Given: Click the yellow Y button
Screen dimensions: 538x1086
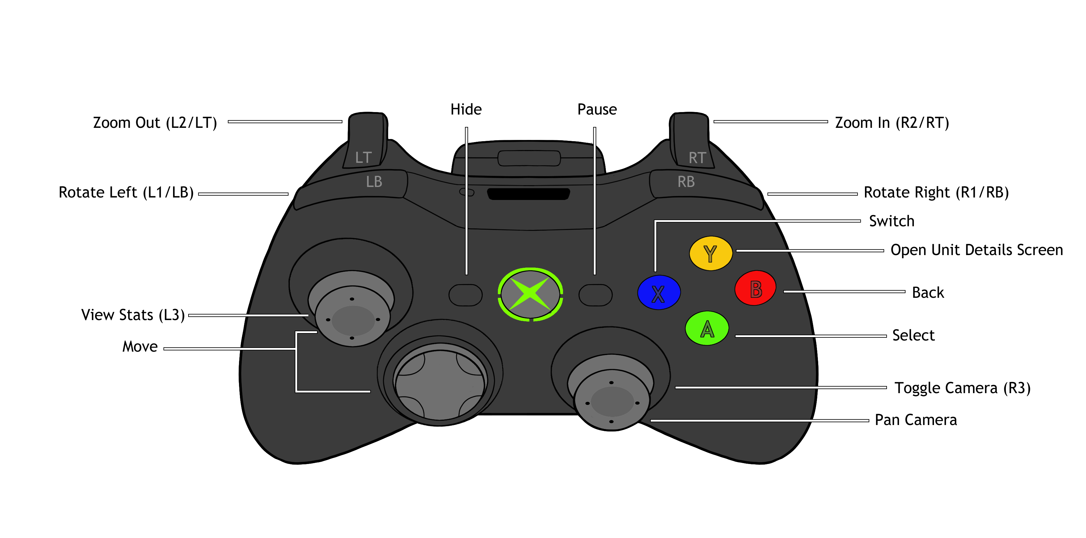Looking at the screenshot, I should pyautogui.click(x=710, y=253).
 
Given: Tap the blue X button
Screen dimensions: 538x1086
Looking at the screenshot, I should pyautogui.click(x=658, y=293).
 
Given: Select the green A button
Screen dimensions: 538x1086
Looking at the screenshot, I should pyautogui.click(x=707, y=328).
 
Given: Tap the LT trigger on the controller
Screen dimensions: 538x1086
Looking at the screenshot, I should pyautogui.click(x=365, y=141).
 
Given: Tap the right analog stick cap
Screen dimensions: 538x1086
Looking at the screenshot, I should pyautogui.click(x=612, y=401).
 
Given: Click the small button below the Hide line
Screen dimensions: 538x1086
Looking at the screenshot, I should pyautogui.click(x=465, y=295).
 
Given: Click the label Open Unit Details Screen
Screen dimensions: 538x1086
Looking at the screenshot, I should pyautogui.click(x=976, y=250).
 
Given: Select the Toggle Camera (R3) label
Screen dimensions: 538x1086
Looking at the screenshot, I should pyautogui.click(x=962, y=388).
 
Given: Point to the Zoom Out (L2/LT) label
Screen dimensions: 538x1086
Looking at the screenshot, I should pyautogui.click(x=155, y=123).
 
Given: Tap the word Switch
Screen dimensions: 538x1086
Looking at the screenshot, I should pyautogui.click(x=892, y=221).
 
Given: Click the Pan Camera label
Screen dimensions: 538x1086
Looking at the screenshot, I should pyautogui.click(x=916, y=420).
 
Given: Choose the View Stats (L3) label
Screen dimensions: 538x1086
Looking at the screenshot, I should pyautogui.click(x=133, y=315).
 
